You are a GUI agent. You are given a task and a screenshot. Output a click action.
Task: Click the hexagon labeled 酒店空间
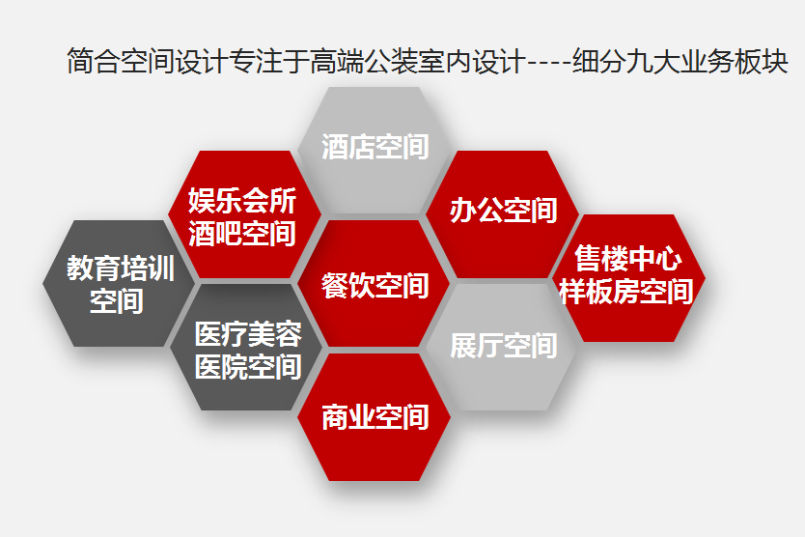pyautogui.click(x=374, y=150)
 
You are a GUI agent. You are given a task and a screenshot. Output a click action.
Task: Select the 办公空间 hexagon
pyautogui.click(x=502, y=214)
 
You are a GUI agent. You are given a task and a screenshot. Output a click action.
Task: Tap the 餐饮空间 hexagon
pyautogui.click(x=374, y=284)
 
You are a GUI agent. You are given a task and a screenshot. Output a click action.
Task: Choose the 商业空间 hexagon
pyautogui.click(x=374, y=416)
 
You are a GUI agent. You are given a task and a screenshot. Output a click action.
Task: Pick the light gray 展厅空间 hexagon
pyautogui.click(x=502, y=347)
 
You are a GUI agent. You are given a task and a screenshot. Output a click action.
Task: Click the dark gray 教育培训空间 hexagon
pyautogui.click(x=119, y=284)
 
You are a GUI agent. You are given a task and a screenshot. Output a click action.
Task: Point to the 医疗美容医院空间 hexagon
pyautogui.click(x=246, y=347)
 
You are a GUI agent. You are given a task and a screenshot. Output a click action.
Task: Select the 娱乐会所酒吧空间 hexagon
pyautogui.click(x=245, y=214)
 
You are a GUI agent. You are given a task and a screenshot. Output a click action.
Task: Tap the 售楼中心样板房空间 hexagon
pyautogui.click(x=628, y=278)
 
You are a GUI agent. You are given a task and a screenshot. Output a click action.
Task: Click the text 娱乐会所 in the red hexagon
pyautogui.click(x=242, y=200)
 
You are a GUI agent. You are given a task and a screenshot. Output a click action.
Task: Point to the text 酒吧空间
pyautogui.click(x=242, y=234)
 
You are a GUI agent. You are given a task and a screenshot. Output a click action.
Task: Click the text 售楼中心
pyautogui.click(x=628, y=258)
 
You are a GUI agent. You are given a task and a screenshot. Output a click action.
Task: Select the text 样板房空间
pyautogui.click(x=626, y=292)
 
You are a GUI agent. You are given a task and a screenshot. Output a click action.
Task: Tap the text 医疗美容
pyautogui.click(x=248, y=334)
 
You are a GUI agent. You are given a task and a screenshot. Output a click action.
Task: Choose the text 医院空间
pyautogui.click(x=248, y=367)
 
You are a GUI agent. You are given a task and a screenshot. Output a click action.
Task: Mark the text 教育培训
pyautogui.click(x=121, y=268)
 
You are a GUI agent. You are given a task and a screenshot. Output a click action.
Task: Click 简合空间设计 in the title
pyautogui.click(x=148, y=61)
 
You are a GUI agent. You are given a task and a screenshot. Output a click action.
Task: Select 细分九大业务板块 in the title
pyautogui.click(x=680, y=61)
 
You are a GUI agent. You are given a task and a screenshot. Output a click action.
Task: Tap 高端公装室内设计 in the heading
pyautogui.click(x=418, y=61)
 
